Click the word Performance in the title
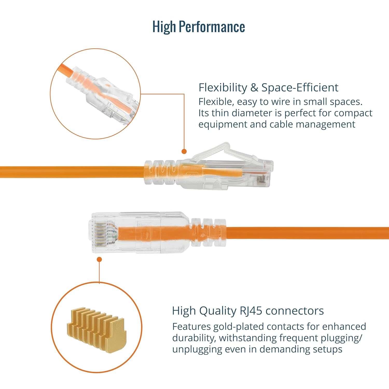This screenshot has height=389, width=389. pyautogui.click(x=212, y=27)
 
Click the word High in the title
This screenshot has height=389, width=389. pyautogui.click(x=164, y=27)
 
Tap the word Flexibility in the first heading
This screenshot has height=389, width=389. pyautogui.click(x=223, y=88)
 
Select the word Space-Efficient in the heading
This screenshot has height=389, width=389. pyautogui.click(x=300, y=88)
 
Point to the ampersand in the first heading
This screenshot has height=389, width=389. pyautogui.click(x=254, y=88)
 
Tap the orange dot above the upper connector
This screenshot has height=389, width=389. pyautogui.click(x=184, y=151)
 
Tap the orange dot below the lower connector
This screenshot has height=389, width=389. pyautogui.click(x=99, y=259)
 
